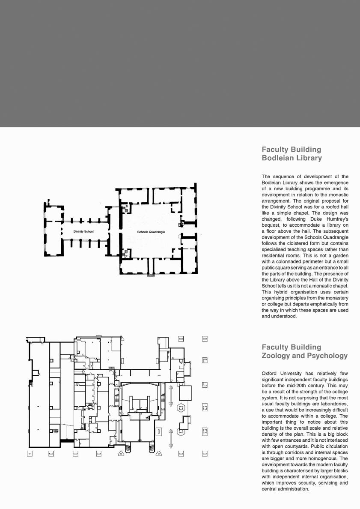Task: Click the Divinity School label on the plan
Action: [x=83, y=231]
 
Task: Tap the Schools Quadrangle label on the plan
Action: [x=151, y=232]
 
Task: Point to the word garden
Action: [x=338, y=255]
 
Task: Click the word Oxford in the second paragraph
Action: [x=271, y=373]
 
